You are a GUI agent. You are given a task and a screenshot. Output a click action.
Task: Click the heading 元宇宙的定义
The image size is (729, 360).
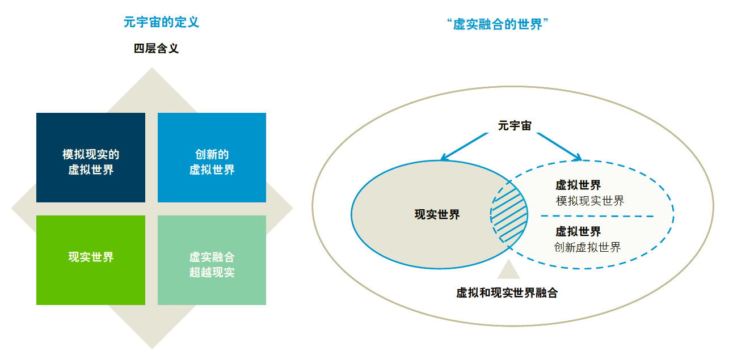[x=161, y=22]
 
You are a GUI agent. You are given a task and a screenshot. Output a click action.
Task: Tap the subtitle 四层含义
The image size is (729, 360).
[x=156, y=48]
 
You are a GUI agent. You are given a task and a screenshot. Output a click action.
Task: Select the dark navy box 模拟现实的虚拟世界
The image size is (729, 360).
[x=91, y=158]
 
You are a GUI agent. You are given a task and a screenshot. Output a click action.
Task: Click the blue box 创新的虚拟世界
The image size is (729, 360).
[x=212, y=158]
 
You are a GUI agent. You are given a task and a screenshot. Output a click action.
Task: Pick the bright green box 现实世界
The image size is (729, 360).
[x=91, y=260]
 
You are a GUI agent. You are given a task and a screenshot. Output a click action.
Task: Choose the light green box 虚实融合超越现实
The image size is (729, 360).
[x=212, y=260]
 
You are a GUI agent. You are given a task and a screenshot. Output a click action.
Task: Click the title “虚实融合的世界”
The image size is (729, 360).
[x=498, y=24]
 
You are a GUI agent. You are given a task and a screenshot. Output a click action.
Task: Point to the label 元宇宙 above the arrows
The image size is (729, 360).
[x=515, y=125]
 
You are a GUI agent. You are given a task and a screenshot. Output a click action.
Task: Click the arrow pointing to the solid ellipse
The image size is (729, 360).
[x=465, y=146]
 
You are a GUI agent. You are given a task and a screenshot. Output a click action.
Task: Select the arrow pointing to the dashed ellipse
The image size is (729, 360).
[x=559, y=146]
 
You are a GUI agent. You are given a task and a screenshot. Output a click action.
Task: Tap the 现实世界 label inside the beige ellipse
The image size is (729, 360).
[x=437, y=215]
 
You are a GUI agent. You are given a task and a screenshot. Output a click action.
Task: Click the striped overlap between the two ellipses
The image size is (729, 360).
[x=509, y=215]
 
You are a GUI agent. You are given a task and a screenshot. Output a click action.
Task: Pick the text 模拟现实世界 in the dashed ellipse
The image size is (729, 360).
[x=590, y=201]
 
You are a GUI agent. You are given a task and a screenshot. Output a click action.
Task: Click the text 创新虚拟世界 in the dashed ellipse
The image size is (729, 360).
[x=587, y=248]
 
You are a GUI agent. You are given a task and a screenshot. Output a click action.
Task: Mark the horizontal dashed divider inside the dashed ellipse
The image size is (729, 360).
[x=597, y=216]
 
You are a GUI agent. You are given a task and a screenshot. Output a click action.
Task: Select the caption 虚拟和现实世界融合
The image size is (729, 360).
[x=507, y=293]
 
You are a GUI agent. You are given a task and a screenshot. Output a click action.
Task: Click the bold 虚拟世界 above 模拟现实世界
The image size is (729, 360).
[x=578, y=185]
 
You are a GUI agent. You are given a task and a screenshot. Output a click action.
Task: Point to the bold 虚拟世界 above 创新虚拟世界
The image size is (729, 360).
[x=578, y=232]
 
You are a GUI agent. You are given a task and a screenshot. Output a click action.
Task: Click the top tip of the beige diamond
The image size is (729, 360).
[x=152, y=67]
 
